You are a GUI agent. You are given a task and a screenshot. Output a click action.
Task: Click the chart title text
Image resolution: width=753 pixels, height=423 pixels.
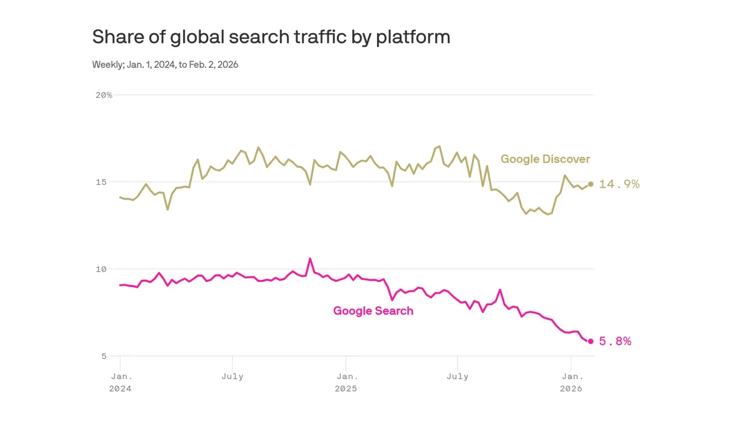click(x=271, y=37)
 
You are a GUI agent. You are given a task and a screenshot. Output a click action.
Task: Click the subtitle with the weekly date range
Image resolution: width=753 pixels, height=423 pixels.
click(x=165, y=64)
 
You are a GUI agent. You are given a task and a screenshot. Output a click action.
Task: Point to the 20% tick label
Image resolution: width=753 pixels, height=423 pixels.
click(x=104, y=95)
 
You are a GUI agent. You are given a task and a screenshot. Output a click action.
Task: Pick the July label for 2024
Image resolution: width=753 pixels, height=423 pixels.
click(x=232, y=377)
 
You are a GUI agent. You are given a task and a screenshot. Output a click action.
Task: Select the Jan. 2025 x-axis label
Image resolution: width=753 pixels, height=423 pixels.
click(x=347, y=382)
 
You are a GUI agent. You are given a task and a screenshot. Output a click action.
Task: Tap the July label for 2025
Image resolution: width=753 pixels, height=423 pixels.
click(x=457, y=377)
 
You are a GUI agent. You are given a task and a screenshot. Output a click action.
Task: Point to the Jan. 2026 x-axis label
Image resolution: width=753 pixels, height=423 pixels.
click(x=572, y=382)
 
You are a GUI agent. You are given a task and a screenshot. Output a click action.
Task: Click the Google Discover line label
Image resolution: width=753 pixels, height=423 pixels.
click(x=545, y=159)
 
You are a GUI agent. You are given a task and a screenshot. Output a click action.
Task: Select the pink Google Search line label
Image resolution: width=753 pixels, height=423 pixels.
click(x=373, y=311)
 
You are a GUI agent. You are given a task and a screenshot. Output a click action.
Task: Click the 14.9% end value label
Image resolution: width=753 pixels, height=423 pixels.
click(x=619, y=184)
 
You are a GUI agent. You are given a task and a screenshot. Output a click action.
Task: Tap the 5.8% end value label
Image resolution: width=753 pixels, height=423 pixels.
click(x=615, y=341)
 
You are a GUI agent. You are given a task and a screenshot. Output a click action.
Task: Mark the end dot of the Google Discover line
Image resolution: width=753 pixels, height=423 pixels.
click(x=590, y=184)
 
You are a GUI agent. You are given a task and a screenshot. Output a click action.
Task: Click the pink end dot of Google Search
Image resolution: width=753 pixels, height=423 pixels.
click(x=590, y=341)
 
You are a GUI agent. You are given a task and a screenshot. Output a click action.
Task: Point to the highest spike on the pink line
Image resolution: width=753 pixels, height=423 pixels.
click(x=310, y=258)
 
